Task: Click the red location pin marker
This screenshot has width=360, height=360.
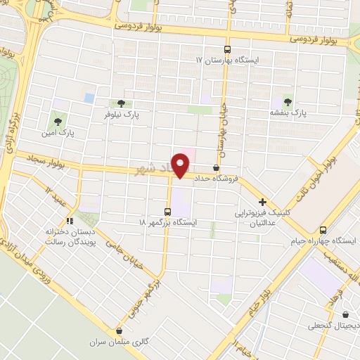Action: click(181, 165)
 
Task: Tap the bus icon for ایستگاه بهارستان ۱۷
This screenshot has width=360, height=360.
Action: click(227, 50)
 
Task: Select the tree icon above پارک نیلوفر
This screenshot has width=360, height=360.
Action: click(121, 103)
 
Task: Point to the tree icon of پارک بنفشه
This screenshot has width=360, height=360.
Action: click(288, 101)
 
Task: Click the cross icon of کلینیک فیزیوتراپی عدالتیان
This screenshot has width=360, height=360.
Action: click(262, 201)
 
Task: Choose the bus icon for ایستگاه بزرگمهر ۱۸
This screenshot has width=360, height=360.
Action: click(167, 211)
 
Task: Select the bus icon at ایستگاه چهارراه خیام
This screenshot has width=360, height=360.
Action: click(323, 230)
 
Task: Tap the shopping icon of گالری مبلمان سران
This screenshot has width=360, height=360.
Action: click(119, 331)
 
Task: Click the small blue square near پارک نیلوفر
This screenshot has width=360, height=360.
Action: click(89, 98)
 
